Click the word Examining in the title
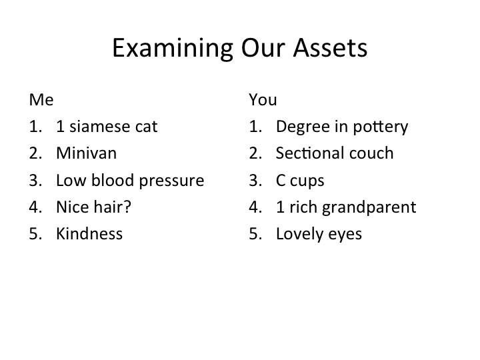click(173, 49)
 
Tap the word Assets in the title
click(330, 48)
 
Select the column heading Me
click(41, 100)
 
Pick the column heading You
click(263, 100)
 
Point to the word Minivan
click(86, 153)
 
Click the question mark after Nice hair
click(127, 207)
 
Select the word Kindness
click(89, 233)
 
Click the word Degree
click(303, 127)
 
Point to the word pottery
click(381, 127)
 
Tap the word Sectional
click(310, 153)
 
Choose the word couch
click(371, 153)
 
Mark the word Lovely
click(299, 235)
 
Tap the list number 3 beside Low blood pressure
click(35, 180)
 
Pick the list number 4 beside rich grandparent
click(255, 207)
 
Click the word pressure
click(171, 181)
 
